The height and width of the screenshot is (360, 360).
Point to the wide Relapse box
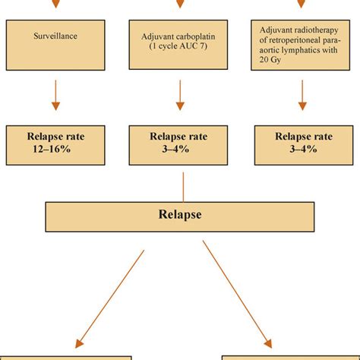(180, 216)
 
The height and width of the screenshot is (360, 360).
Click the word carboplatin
(191, 34)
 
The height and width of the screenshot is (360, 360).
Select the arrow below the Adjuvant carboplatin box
(180, 96)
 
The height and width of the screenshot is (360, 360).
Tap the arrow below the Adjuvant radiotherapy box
(302, 96)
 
